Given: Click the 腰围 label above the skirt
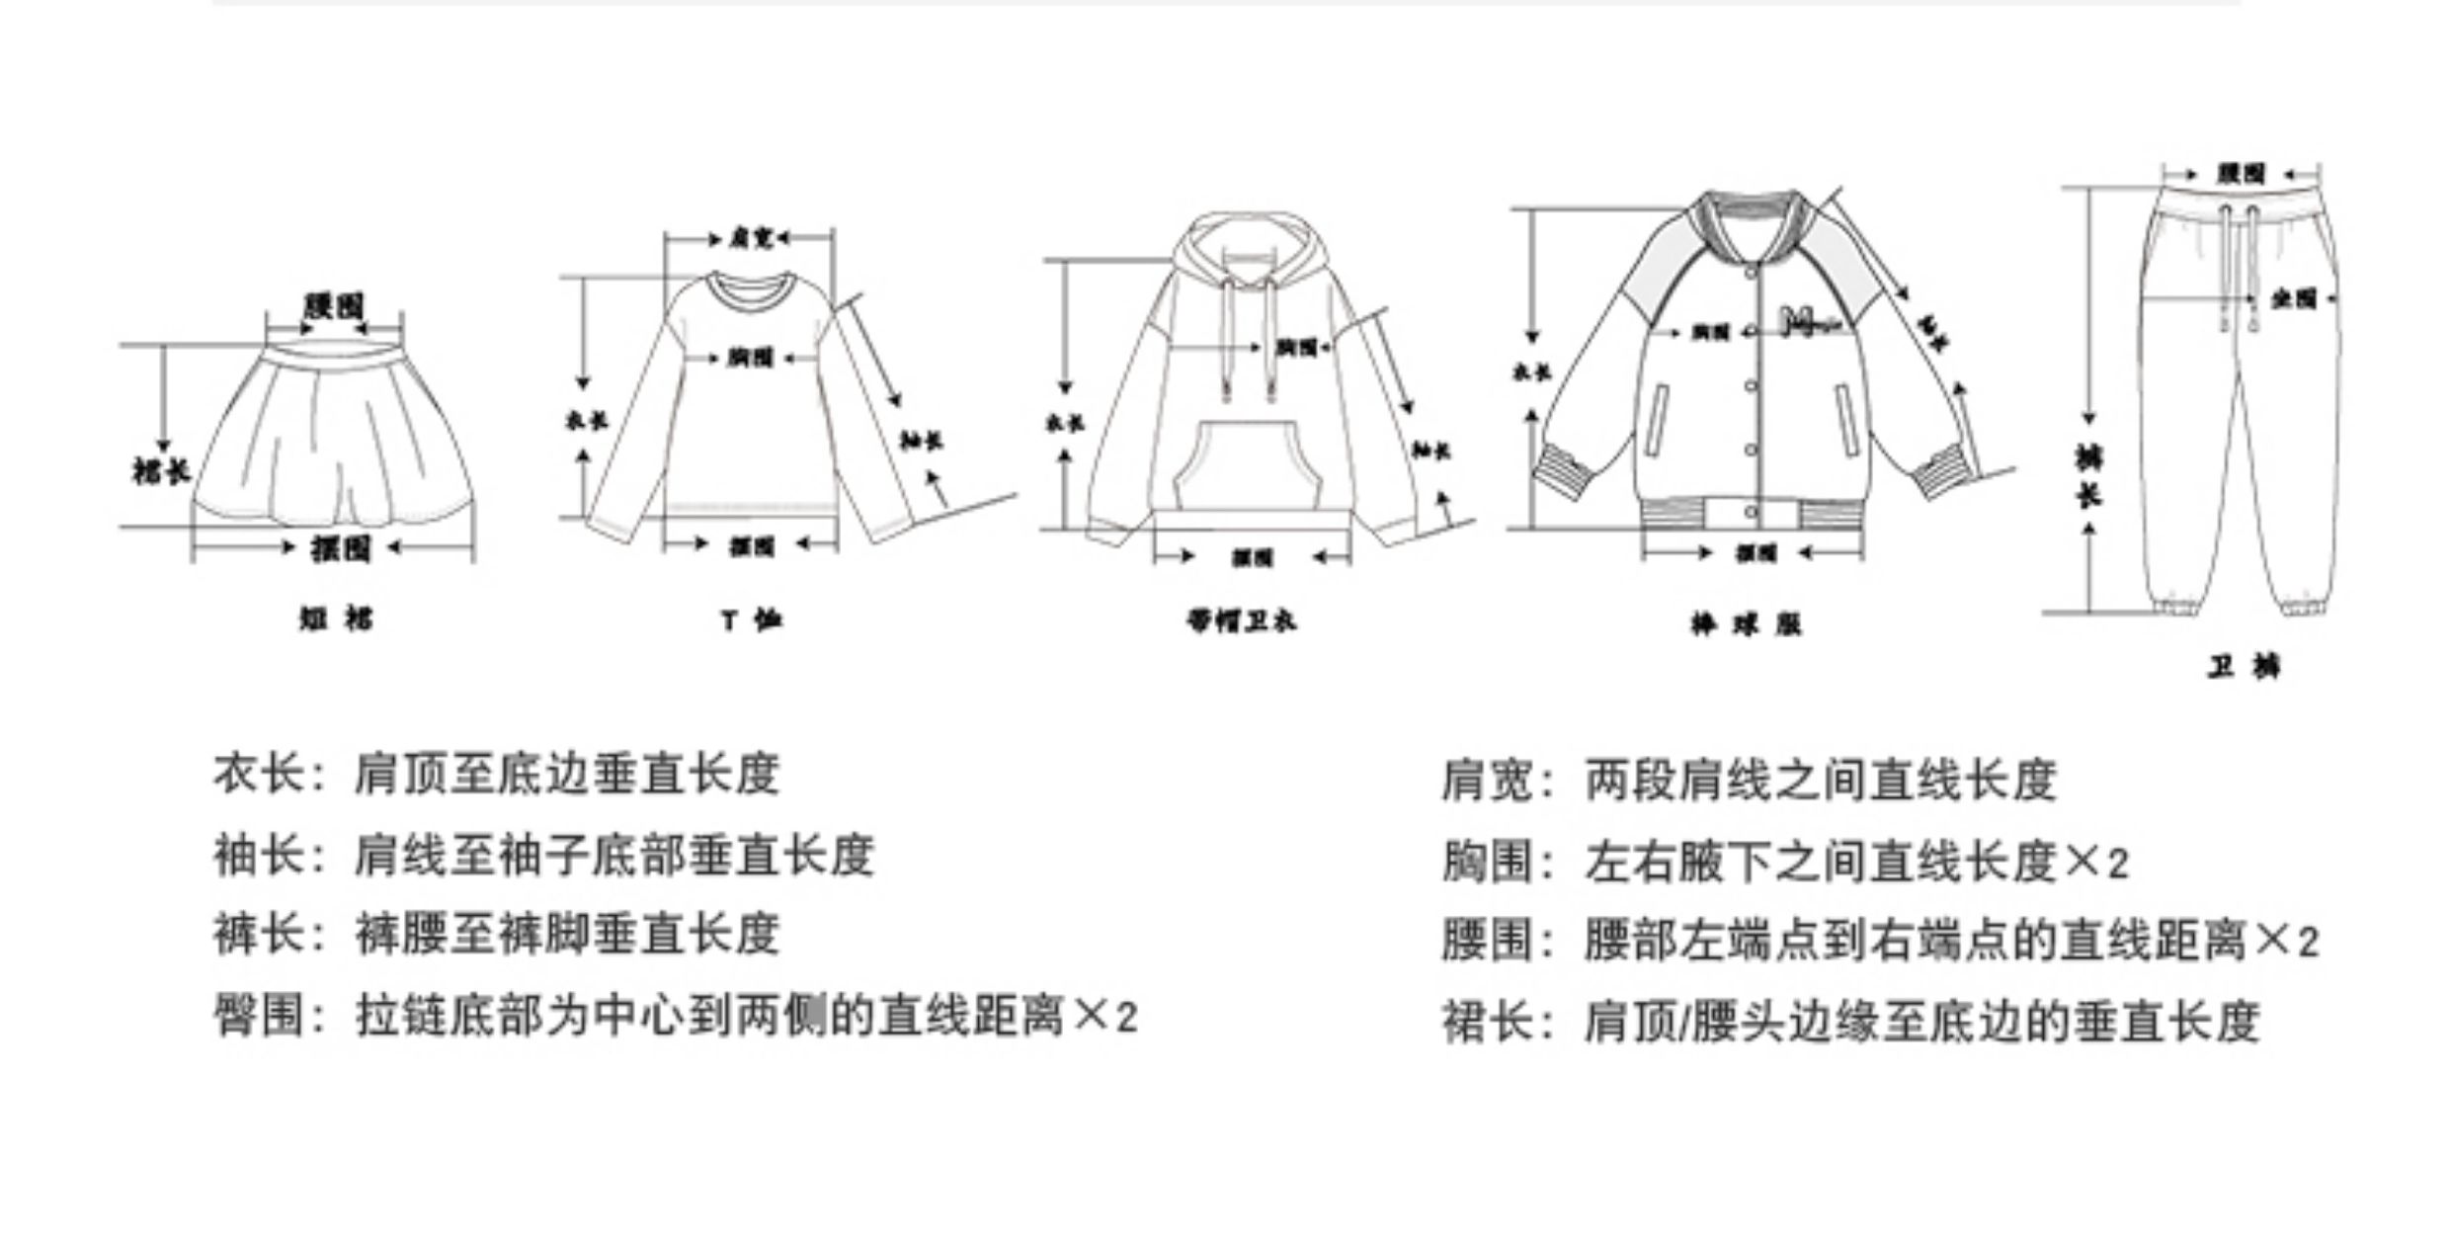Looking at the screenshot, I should [x=334, y=306].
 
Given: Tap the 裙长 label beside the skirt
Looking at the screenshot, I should [x=160, y=471].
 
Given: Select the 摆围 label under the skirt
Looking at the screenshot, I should [x=340, y=547].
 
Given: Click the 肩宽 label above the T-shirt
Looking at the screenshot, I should [x=750, y=238].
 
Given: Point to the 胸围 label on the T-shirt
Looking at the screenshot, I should [x=751, y=358].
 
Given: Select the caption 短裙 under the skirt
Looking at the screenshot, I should [x=336, y=619].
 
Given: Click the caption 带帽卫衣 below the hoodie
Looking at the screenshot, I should [x=1241, y=621].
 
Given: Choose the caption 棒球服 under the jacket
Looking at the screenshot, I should [x=1746, y=624].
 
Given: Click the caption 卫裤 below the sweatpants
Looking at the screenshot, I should [x=2244, y=668].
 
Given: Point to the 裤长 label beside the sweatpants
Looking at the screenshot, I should [x=2087, y=476].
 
